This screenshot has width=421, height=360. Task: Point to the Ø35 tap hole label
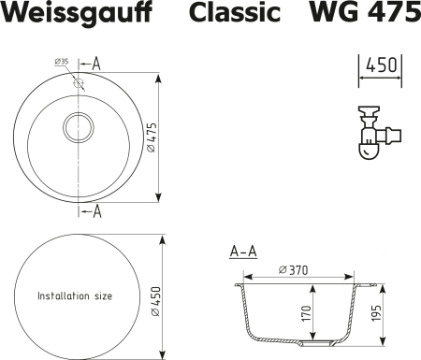tap(63, 63)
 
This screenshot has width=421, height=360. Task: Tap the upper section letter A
tap(98, 64)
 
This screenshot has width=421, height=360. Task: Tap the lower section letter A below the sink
tap(98, 210)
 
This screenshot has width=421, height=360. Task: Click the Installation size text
tap(75, 295)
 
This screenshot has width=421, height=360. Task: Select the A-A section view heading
tap(243, 252)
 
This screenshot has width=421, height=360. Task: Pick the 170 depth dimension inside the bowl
tap(306, 311)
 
